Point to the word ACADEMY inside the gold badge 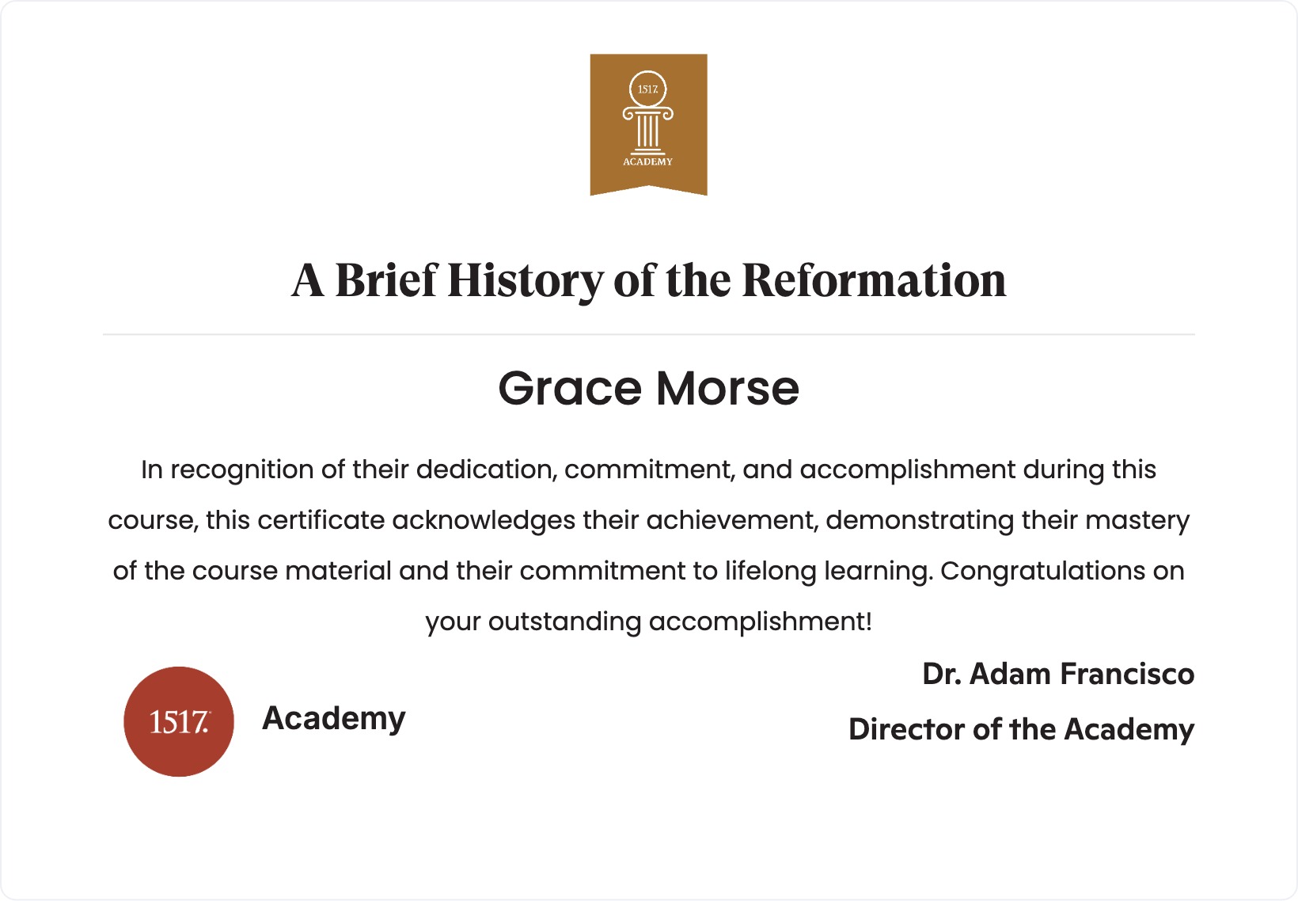click(x=647, y=162)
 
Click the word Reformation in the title click(x=874, y=280)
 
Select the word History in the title click(x=525, y=280)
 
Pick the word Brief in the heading click(x=385, y=280)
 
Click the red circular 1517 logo click(x=179, y=721)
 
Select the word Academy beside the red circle click(x=334, y=719)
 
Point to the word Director click(x=907, y=729)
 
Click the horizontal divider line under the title click(x=649, y=335)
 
